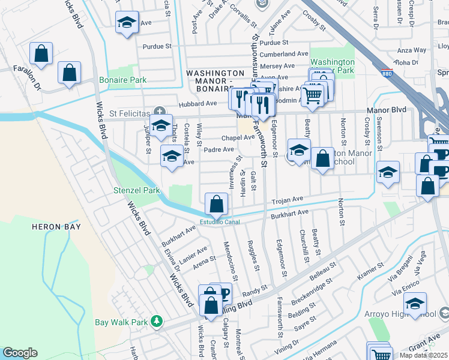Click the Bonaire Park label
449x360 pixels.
pyautogui.click(x=122, y=80)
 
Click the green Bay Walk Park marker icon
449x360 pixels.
pyautogui.click(x=157, y=322)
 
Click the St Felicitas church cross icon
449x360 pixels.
pyautogui.click(x=159, y=111)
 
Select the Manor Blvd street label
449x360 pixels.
pyautogui.click(x=389, y=110)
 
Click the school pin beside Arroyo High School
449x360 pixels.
pyautogui.click(x=414, y=304)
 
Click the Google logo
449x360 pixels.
pyautogui.click(x=20, y=353)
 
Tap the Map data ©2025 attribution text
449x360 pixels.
pyautogui.click(x=423, y=355)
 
